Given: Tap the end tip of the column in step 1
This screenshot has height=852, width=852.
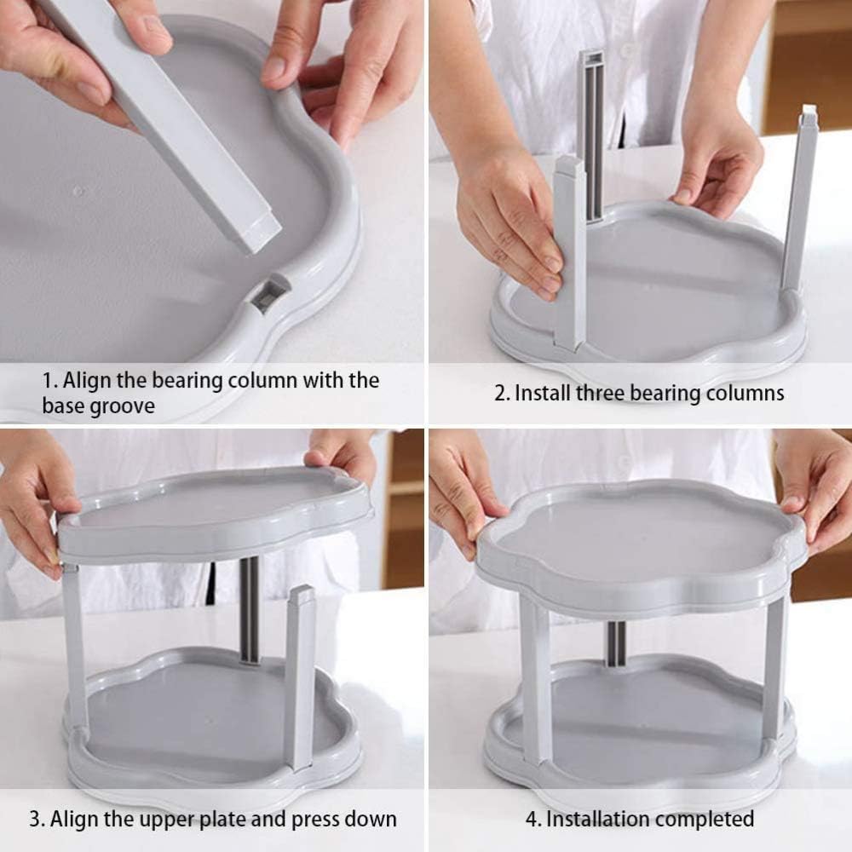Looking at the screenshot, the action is tap(261, 235).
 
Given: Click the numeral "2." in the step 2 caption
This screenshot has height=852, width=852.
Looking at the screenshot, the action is tap(502, 394).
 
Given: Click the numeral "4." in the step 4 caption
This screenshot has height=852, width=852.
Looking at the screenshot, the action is tap(533, 820).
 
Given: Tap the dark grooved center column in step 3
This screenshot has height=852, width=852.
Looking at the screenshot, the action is tap(250, 610).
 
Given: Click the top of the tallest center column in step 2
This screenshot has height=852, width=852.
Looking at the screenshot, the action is tap(590, 57).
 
